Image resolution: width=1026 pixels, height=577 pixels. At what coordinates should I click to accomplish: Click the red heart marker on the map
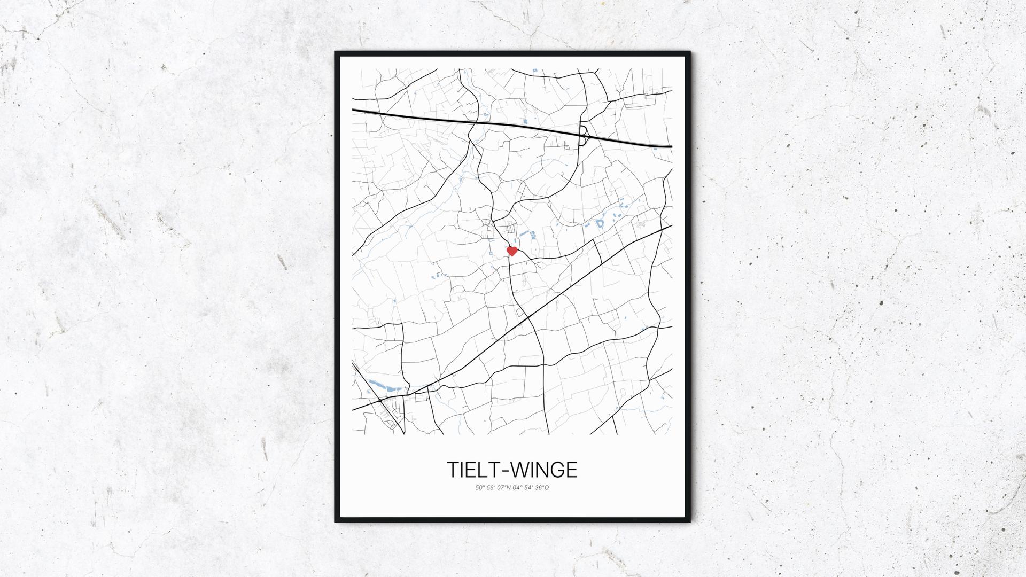[512, 251]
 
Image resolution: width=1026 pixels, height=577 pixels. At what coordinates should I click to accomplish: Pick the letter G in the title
[557, 470]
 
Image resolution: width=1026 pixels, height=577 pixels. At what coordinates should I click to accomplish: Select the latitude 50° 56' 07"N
[493, 487]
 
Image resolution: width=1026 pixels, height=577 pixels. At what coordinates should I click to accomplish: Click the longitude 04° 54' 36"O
[531, 487]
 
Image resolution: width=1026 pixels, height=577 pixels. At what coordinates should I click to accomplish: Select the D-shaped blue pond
[600, 223]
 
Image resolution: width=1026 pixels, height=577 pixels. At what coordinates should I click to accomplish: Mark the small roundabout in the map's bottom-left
[379, 400]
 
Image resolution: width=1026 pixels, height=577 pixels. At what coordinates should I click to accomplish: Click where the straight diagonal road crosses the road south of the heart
[527, 317]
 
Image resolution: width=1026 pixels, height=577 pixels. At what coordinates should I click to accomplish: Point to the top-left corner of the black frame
[336, 53]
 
